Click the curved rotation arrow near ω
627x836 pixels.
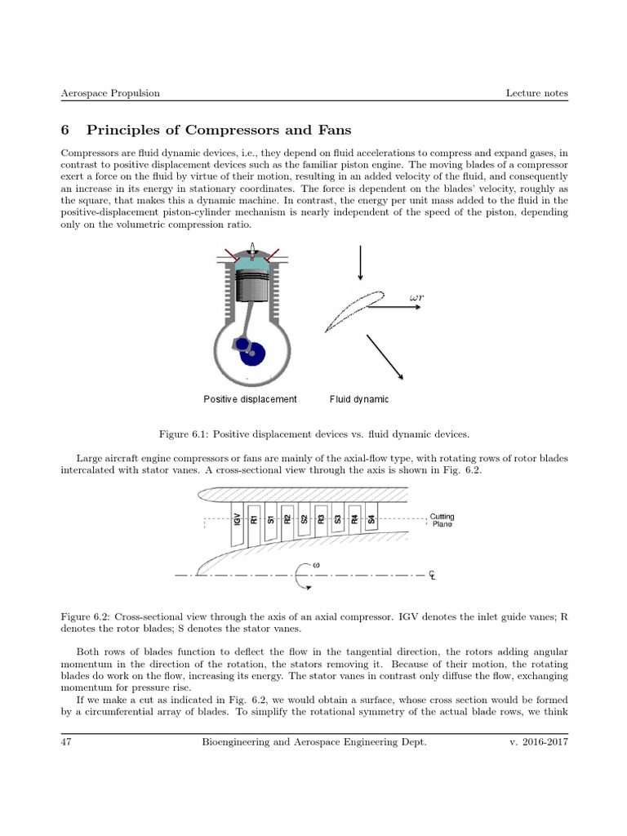(x=305, y=576)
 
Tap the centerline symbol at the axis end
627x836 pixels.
(x=433, y=575)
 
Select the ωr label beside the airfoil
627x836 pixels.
(x=416, y=299)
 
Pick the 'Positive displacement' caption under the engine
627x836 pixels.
(x=250, y=399)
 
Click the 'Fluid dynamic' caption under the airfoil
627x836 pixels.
(x=359, y=399)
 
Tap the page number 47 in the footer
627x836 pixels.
(x=67, y=741)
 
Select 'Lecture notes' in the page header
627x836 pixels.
(x=536, y=93)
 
